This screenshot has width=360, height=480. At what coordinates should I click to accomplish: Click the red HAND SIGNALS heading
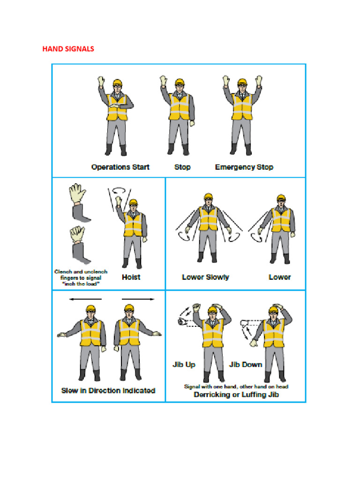click(68, 49)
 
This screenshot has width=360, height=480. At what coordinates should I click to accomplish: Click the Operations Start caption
click(120, 167)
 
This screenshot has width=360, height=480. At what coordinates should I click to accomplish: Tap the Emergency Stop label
click(244, 167)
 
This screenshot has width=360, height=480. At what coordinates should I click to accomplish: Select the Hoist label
click(131, 277)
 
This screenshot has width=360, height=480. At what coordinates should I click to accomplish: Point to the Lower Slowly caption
click(205, 277)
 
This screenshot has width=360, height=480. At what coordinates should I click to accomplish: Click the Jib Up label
click(184, 364)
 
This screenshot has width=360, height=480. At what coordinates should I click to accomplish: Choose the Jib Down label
click(245, 364)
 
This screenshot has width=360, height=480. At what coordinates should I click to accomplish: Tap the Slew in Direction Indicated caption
click(108, 390)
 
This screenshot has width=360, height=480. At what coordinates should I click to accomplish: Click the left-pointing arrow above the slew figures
click(85, 299)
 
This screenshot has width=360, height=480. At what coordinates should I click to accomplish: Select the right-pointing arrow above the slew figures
click(138, 299)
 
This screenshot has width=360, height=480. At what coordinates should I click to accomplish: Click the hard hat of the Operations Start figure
click(117, 83)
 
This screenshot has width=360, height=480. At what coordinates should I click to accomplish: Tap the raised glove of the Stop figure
click(164, 81)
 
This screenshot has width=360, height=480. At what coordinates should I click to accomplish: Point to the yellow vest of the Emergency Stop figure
click(241, 107)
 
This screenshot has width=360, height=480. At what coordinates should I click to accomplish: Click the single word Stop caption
click(182, 167)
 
